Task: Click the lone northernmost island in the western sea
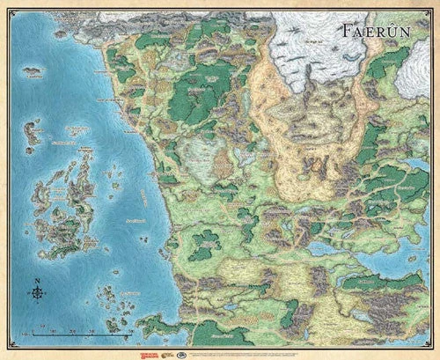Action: [x=33, y=70]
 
